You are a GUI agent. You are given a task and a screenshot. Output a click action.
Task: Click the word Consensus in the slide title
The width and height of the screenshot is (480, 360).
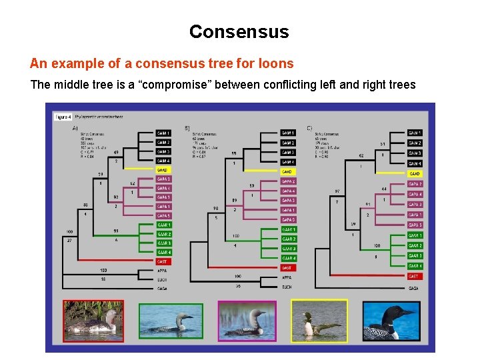coord(239,31)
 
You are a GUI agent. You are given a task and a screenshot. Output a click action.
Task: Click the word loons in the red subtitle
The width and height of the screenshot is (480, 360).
coord(277,64)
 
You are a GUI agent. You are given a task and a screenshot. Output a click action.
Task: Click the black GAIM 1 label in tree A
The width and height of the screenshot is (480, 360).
coord(163,133)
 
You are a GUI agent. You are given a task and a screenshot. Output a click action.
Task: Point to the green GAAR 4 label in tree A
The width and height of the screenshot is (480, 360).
coord(163,253)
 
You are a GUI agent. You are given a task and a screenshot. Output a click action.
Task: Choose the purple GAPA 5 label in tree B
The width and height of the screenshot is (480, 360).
coord(288,219)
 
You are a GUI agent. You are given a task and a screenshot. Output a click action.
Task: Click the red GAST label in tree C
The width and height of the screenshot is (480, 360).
coord(414,276)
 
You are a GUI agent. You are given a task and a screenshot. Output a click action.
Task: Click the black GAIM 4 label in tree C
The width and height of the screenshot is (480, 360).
coord(414,163)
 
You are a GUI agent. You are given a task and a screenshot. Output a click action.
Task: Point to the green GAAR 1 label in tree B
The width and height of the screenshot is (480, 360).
coord(288,229)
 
